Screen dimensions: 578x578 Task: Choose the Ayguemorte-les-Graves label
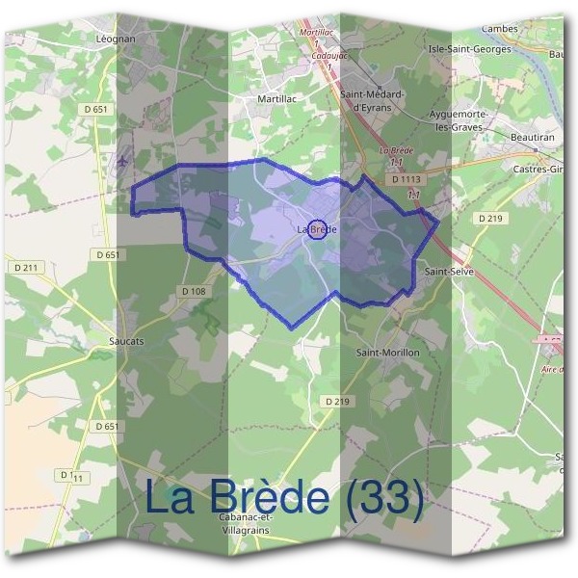pyautogui.click(x=461, y=120)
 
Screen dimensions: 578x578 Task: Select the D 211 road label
pyautogui.click(x=25, y=267)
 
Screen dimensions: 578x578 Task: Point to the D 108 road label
pyautogui.click(x=194, y=291)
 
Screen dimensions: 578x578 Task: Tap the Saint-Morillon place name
pyautogui.click(x=388, y=353)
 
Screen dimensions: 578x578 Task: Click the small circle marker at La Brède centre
pyautogui.click(x=318, y=229)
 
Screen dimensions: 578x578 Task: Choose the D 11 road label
pyautogui.click(x=71, y=476)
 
